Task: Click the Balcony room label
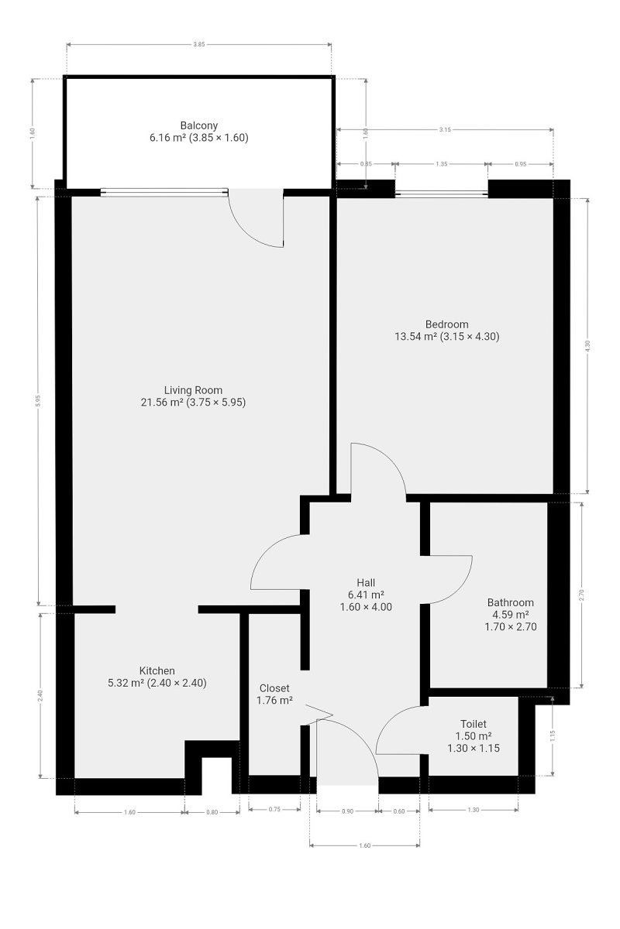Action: pyautogui.click(x=199, y=125)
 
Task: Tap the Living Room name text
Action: pyautogui.click(x=193, y=390)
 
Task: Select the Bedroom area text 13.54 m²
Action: pyautogui.click(x=415, y=336)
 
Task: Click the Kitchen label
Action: pyautogui.click(x=157, y=670)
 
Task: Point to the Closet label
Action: pyautogui.click(x=274, y=688)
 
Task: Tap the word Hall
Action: pyautogui.click(x=366, y=582)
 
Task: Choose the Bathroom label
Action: pyautogui.click(x=511, y=602)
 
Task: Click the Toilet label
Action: pyautogui.click(x=474, y=724)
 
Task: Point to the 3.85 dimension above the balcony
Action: pyautogui.click(x=199, y=44)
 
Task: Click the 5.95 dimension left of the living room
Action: pyautogui.click(x=38, y=401)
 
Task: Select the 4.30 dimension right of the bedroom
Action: pyautogui.click(x=587, y=346)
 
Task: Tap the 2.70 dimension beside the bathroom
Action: pyautogui.click(x=581, y=595)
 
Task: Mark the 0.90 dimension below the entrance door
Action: pyautogui.click(x=347, y=811)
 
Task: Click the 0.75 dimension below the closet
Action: pyautogui.click(x=274, y=809)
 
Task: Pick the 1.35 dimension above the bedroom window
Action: pyautogui.click(x=442, y=164)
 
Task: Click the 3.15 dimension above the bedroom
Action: pyautogui.click(x=445, y=129)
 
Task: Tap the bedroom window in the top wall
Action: pyautogui.click(x=441, y=193)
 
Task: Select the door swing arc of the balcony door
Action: pyautogui.click(x=247, y=231)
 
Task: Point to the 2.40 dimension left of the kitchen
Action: pyautogui.click(x=40, y=695)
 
